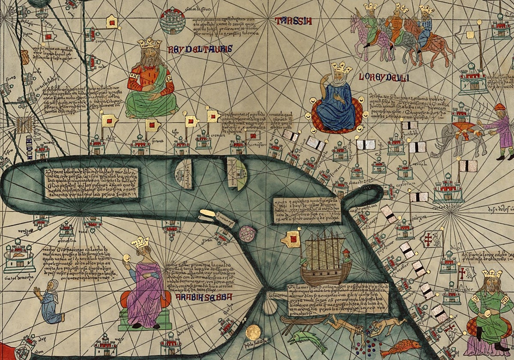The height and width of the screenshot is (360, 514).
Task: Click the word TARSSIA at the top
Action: [293, 21]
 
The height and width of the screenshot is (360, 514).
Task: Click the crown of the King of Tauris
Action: [149, 43]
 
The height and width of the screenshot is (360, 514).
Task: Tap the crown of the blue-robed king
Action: [341, 67]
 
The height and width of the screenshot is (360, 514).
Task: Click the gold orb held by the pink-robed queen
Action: [126, 258]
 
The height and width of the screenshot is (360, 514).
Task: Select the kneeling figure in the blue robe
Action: [51, 302]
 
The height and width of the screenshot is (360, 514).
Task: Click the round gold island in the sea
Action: [253, 332]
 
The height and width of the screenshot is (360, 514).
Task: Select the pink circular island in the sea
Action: [248, 234]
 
